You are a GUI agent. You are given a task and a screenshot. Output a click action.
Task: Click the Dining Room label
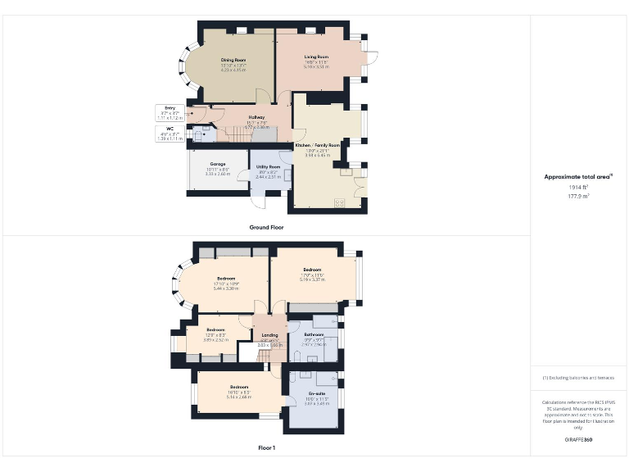[x=233, y=61]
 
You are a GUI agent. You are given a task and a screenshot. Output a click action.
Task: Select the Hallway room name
[x=256, y=117]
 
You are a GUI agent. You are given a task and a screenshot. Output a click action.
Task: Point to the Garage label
[x=217, y=164]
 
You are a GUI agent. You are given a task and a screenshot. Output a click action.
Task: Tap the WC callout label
[x=170, y=129]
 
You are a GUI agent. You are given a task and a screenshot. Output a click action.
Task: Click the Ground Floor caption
[x=266, y=227]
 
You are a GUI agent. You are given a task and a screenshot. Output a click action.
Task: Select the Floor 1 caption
[x=266, y=448]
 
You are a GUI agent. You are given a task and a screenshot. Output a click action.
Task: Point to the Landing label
[x=269, y=335]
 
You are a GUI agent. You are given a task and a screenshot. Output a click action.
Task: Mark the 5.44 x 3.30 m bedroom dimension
[x=226, y=288]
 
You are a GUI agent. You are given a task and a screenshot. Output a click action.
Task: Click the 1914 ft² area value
[x=578, y=188]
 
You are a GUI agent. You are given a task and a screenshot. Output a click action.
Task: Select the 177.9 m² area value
[x=578, y=196]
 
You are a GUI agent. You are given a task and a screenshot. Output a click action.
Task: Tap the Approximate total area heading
[x=578, y=176]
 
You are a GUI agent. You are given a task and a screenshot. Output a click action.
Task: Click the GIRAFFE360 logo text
[x=578, y=440]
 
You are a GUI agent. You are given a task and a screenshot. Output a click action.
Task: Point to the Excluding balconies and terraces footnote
[x=578, y=378]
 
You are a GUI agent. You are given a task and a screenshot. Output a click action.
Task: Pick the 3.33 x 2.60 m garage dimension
[x=217, y=174]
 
